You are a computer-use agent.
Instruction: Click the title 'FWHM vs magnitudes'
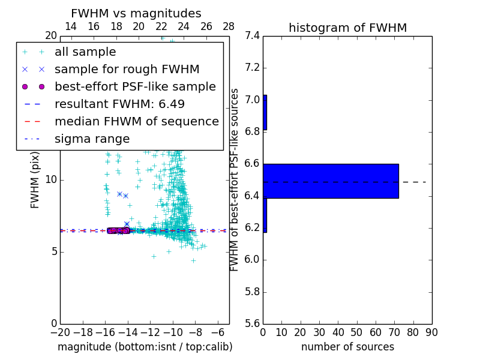136,14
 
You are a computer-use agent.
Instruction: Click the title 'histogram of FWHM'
347,28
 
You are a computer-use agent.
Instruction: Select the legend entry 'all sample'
85,52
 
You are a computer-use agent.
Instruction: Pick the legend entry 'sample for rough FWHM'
127,70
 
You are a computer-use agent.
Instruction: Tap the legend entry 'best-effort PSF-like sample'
135,86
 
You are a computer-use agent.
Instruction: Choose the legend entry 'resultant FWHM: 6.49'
119,104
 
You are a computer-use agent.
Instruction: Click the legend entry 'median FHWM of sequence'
136,121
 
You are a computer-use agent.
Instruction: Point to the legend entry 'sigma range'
92,139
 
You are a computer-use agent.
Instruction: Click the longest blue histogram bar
331,181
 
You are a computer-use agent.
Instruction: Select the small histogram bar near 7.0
265,112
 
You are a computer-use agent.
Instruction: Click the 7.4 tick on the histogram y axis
252,36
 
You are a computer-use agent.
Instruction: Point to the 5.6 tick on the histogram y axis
252,324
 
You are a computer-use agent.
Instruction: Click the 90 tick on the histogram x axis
431,332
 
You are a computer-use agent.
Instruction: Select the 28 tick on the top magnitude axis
229,27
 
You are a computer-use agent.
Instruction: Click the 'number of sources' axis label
347,347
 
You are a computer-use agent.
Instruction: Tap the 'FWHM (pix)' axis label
35,179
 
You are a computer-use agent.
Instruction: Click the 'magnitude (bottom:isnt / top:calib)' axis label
145,347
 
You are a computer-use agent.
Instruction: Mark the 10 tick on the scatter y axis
51,180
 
